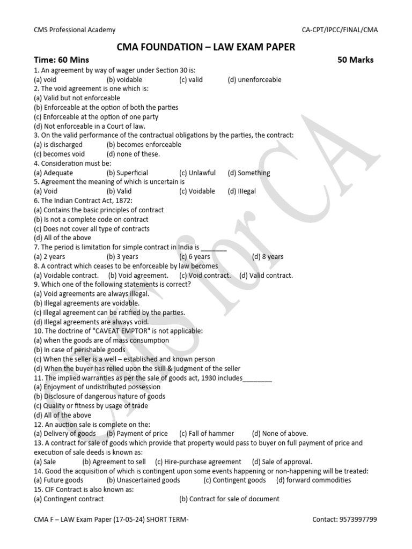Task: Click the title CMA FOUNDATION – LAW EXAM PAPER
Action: pos(205,47)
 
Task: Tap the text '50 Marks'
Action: pos(355,60)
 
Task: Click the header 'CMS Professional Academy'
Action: pos(74,30)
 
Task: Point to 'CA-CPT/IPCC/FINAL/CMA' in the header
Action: pos(340,30)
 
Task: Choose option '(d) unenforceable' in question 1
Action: pos(254,80)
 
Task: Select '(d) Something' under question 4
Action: pos(248,173)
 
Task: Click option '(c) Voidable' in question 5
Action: pos(197,191)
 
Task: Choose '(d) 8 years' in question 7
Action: pos(268,257)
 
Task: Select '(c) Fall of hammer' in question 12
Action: pos(207,434)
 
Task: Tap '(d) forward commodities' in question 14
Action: pos(313,480)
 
